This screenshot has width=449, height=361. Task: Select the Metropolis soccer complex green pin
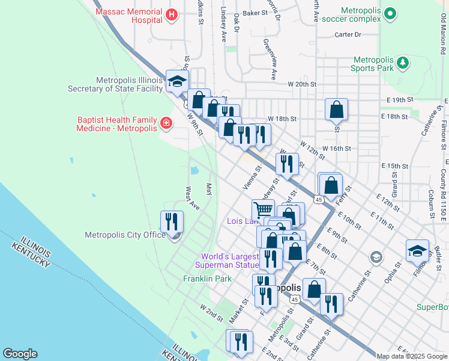click(x=391, y=13)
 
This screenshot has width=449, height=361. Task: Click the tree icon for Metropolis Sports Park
click(x=403, y=63)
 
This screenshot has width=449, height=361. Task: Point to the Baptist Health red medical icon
click(x=166, y=124)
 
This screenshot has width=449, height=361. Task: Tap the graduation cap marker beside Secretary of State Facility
click(x=177, y=81)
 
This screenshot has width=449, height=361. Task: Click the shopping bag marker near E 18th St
click(x=337, y=110)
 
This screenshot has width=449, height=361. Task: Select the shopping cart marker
click(x=263, y=211)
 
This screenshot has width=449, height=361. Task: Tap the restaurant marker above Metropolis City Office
click(x=172, y=222)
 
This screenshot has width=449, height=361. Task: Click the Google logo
click(x=20, y=354)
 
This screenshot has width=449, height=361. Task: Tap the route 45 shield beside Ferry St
click(x=319, y=199)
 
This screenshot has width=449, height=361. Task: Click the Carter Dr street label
click(x=348, y=35)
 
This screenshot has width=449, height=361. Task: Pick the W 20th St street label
click(x=301, y=84)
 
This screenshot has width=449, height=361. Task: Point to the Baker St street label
click(x=255, y=12)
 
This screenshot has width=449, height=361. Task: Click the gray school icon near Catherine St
click(x=376, y=258)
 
